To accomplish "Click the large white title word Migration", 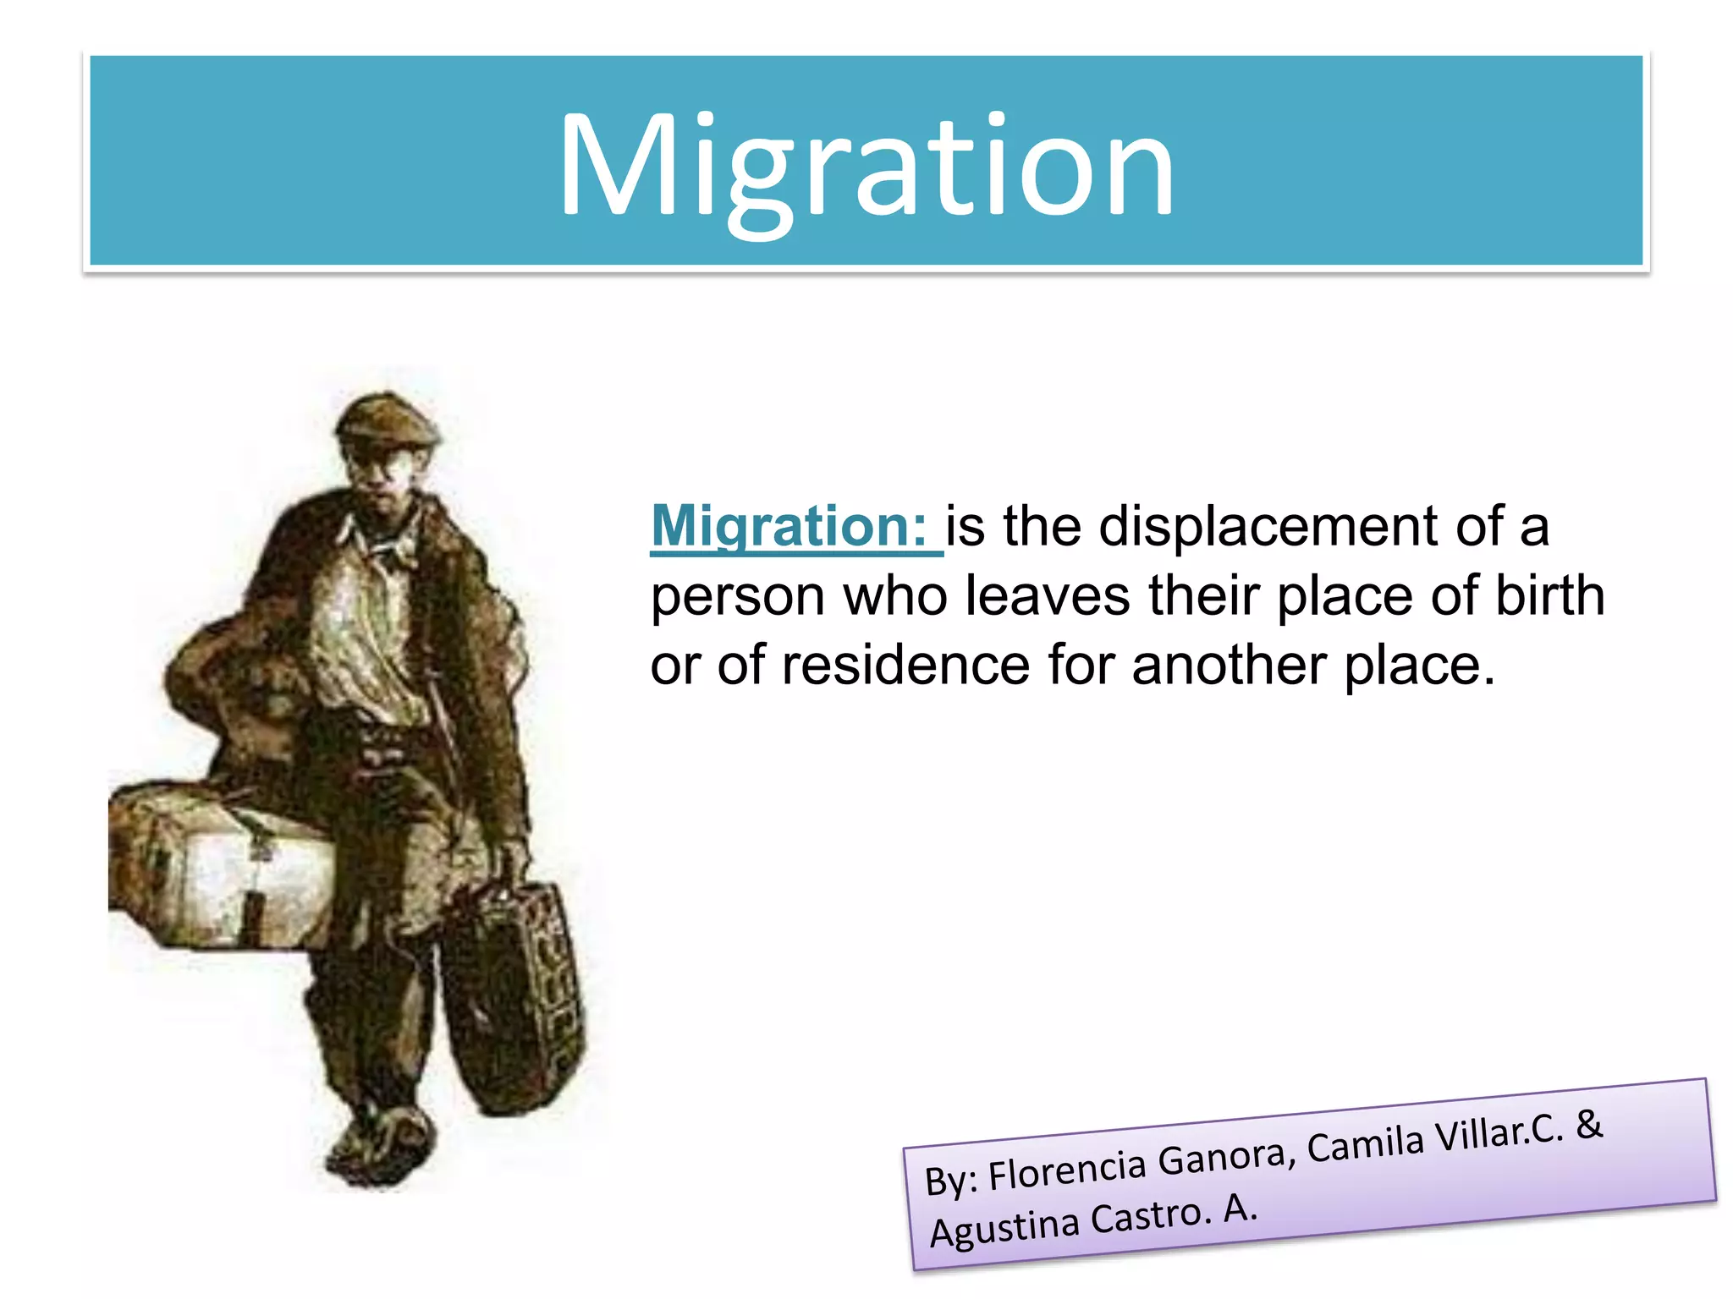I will tap(866, 167).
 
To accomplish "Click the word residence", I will tap(905, 665).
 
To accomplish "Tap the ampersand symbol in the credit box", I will tap(1589, 1124).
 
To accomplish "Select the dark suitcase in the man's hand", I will tap(513, 998).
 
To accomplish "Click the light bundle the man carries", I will tap(220, 871).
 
